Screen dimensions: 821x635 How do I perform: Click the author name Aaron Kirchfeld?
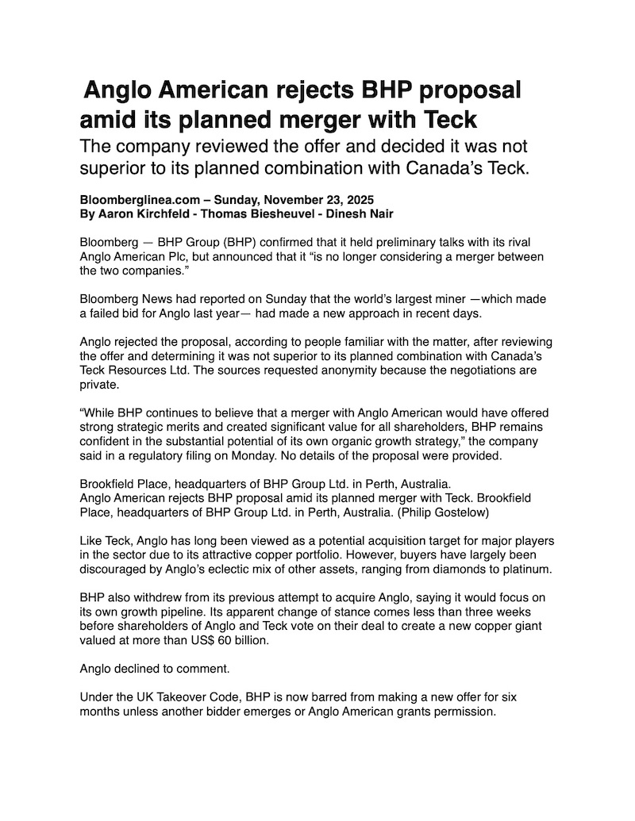click(x=142, y=213)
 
